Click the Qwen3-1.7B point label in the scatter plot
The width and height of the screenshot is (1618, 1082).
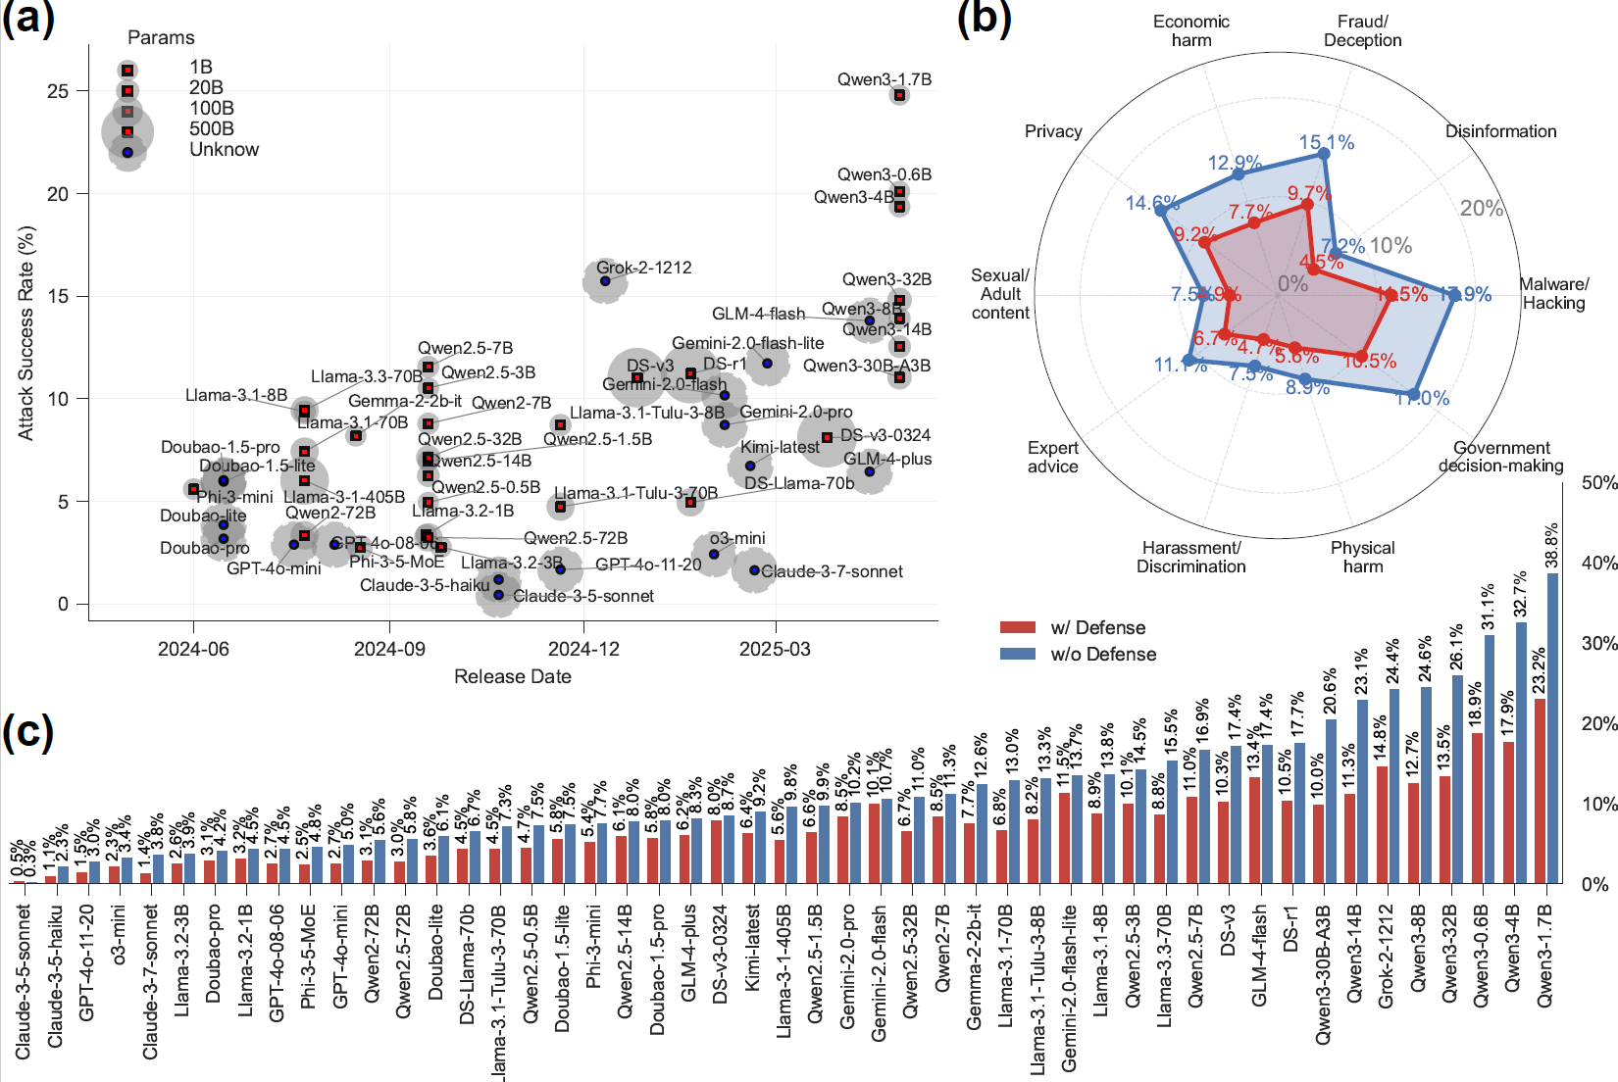tap(884, 79)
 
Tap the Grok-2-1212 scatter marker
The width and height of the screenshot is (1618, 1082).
tap(605, 281)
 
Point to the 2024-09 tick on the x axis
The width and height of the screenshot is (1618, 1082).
tap(389, 649)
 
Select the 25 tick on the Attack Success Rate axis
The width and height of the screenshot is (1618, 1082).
tap(58, 91)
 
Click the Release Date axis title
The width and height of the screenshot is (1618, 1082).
tap(512, 676)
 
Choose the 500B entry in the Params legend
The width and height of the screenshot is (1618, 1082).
tap(211, 128)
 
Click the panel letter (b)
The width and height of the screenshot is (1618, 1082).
tap(984, 18)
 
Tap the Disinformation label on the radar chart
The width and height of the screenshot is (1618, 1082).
tap(1500, 131)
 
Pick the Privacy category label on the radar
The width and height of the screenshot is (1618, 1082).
tap(1053, 131)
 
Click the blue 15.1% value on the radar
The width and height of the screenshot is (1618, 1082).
tap(1326, 143)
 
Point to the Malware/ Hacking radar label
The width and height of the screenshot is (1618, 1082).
tap(1554, 293)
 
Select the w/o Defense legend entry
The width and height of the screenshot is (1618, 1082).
tap(1103, 654)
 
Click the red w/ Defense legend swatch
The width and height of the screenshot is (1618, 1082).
tap(1018, 627)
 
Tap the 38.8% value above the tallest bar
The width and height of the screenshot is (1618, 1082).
tap(1551, 546)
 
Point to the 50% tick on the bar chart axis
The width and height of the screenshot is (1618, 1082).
tap(1599, 483)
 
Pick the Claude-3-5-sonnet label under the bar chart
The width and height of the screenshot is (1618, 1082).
tap(24, 981)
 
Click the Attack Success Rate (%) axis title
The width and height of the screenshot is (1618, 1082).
tap(26, 332)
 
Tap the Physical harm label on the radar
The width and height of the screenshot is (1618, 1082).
tap(1362, 557)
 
